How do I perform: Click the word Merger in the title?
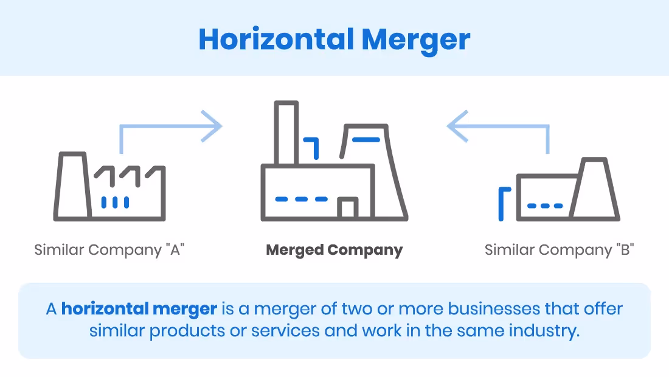point(416,40)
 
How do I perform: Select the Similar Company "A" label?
point(109,250)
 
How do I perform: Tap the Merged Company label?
point(334,250)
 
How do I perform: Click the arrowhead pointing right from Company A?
point(213,126)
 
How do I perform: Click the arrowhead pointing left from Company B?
point(457,126)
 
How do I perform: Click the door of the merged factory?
point(347,209)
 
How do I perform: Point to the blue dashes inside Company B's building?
point(545,206)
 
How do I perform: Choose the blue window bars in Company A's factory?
point(115,202)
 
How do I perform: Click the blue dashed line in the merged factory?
point(301,199)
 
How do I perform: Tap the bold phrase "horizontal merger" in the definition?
point(139,309)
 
